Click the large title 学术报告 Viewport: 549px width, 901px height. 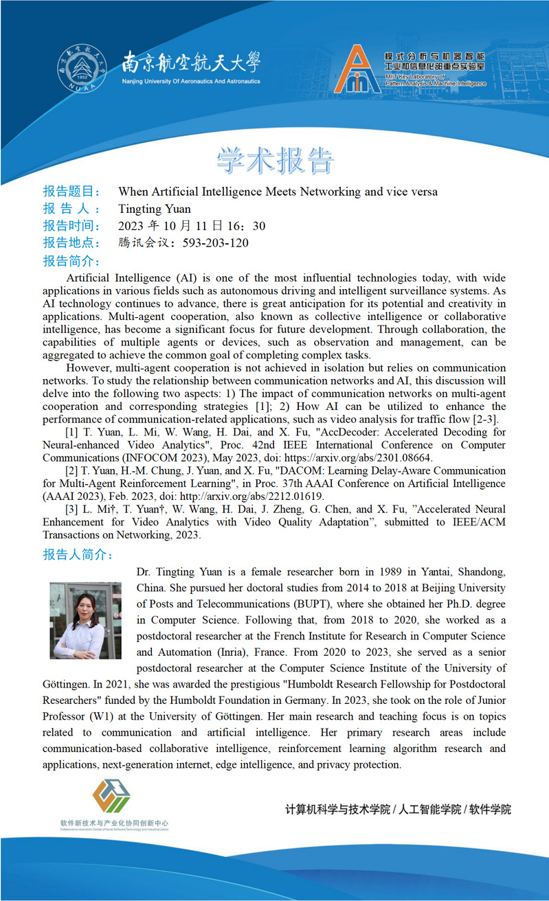pos(275,159)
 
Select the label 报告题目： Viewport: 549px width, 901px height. pos(71,192)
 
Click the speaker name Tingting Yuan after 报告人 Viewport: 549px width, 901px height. pos(155,209)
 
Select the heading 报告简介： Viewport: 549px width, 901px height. pos(71,261)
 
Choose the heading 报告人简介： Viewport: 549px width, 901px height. pos(78,554)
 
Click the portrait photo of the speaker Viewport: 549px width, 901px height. pos(85,620)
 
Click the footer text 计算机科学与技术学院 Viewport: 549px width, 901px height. pos(337,810)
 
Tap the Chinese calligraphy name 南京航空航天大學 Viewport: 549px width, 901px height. pos(191,64)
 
